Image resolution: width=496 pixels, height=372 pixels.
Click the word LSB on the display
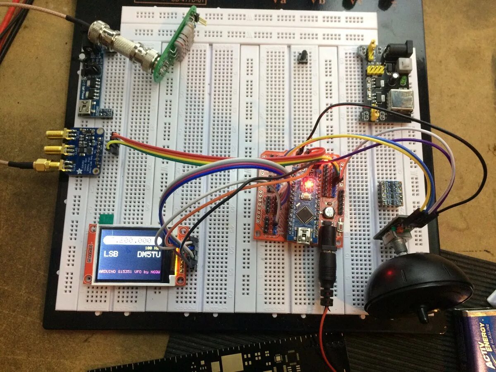[110, 254]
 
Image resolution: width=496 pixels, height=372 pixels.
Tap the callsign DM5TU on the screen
[148, 254]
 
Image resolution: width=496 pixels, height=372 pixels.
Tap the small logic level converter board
[389, 193]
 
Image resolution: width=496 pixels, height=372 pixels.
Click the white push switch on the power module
[404, 65]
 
